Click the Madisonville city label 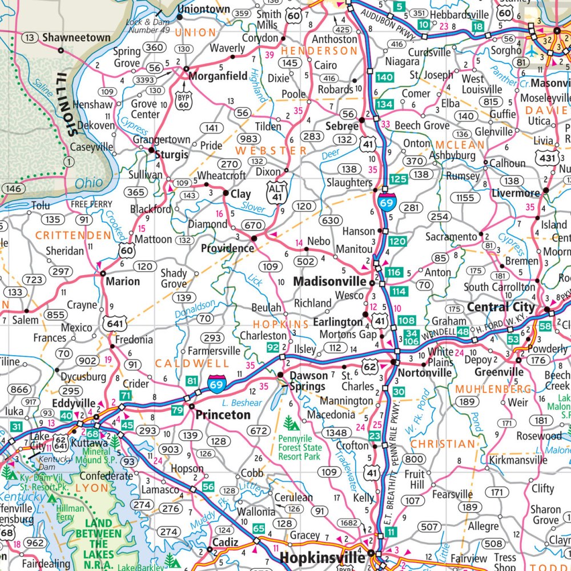329,282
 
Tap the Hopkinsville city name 321,557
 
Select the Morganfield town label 219,75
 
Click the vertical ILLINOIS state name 66,103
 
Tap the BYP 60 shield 183,101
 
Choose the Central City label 501,307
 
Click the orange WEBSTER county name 271,151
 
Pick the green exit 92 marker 272,347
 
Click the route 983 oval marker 249,139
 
